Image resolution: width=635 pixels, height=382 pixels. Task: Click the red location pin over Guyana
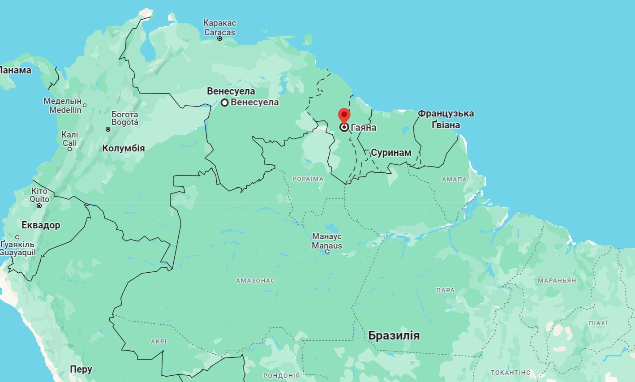pos(344,115)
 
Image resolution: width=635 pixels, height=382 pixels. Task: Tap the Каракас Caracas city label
pos(219,28)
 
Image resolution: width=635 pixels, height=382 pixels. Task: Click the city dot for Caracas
pos(220,39)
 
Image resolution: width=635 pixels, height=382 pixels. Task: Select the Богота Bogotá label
pos(125,118)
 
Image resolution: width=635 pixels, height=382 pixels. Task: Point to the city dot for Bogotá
pos(108,129)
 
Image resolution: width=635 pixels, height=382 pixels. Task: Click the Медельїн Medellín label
pos(63,105)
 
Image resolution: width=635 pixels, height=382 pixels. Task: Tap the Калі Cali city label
pos(70,139)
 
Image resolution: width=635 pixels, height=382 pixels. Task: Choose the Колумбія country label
pos(124,148)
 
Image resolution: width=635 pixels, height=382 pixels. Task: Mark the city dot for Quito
pos(39,206)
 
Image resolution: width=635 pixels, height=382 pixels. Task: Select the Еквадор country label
pos(41,225)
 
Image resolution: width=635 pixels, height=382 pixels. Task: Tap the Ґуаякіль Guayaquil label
pos(18,249)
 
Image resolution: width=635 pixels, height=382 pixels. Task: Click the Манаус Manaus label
pos(327,241)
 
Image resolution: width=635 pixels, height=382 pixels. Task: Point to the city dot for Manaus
pos(327,252)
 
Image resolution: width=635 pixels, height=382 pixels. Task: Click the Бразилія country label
pos(394,335)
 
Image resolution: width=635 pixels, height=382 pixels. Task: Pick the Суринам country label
pos(391,153)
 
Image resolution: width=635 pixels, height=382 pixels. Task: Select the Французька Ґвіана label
pos(446,119)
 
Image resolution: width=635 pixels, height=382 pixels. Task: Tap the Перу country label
pos(81,369)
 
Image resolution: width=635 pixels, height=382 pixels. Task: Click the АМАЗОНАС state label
pos(255,281)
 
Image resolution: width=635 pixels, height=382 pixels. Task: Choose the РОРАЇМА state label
pos(308,179)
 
